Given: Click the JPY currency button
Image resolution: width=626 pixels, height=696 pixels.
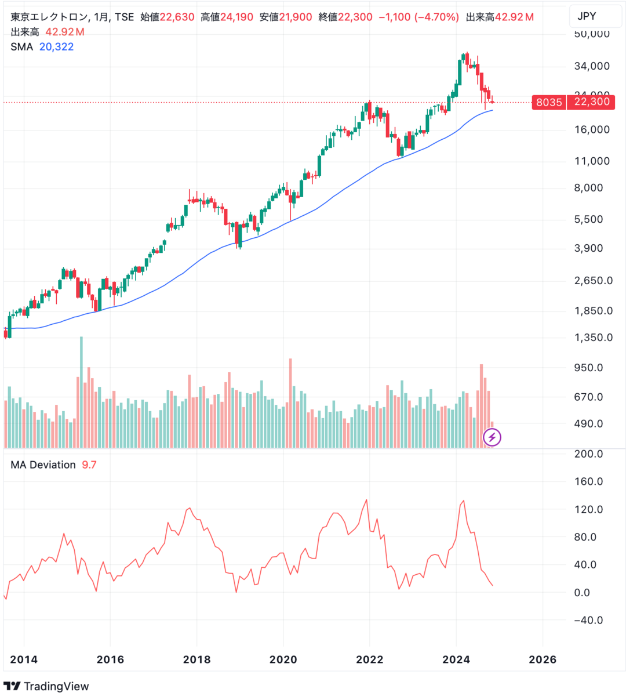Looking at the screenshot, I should pos(587,16).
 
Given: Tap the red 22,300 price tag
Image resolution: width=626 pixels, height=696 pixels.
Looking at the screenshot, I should pos(591,102).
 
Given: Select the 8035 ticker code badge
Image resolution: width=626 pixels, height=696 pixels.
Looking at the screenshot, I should pos(548,102).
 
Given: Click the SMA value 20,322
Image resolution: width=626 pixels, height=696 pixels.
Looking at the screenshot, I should pos(56,47).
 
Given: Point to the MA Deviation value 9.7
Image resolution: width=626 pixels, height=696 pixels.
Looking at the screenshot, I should pos(89,465).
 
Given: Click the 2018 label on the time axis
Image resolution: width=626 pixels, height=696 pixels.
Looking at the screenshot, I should pos(196,659).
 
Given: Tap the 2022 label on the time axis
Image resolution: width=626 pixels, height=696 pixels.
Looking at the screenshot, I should pos(370,659).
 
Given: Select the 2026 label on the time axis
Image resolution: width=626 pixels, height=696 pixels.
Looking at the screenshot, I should pos(543,659).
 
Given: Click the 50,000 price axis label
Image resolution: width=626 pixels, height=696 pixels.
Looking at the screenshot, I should pos(591,34).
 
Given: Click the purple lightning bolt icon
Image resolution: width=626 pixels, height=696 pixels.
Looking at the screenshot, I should pos(492,437).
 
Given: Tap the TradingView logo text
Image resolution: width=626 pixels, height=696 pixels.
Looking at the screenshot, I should pos(56,687).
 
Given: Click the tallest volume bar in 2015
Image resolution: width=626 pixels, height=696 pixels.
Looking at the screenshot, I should pos(81,391).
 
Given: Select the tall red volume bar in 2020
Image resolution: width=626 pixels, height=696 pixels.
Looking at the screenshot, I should pos(290,403).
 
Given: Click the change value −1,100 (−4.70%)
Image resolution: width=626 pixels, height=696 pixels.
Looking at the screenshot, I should pos(418,17).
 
